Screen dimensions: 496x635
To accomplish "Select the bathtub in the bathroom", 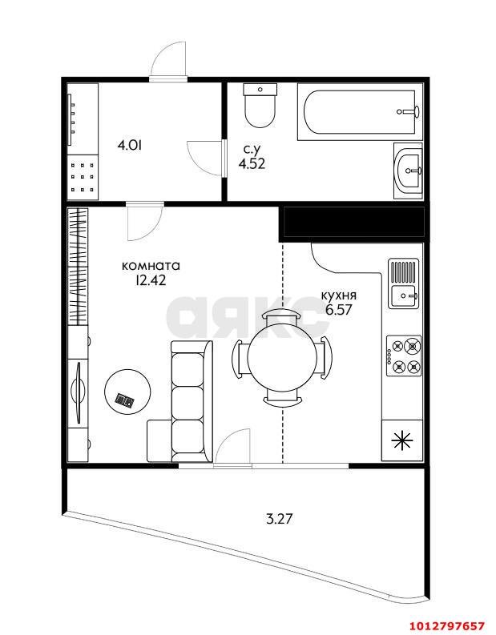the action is [361, 112].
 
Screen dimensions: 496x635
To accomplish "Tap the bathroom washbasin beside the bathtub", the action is [409, 171].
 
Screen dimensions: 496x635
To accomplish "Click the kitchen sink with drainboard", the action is [403, 283].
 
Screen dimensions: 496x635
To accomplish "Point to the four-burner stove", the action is [404, 356].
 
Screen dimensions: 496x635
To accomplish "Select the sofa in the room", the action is [192, 401].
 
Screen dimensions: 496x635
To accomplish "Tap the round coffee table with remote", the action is [127, 392].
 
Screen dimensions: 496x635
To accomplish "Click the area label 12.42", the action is [151, 280].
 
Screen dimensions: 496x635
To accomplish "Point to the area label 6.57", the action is [339, 310].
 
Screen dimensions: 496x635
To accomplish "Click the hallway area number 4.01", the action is [129, 146].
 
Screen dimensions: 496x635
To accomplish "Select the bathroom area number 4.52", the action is [252, 163].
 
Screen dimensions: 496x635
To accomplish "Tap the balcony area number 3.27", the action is [280, 518].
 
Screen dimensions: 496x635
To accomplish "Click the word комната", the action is [151, 266].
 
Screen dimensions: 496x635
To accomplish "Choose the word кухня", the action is [339, 295].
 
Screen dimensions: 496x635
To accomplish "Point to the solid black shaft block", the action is [353, 222].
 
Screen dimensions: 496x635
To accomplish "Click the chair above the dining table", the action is [282, 315].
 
